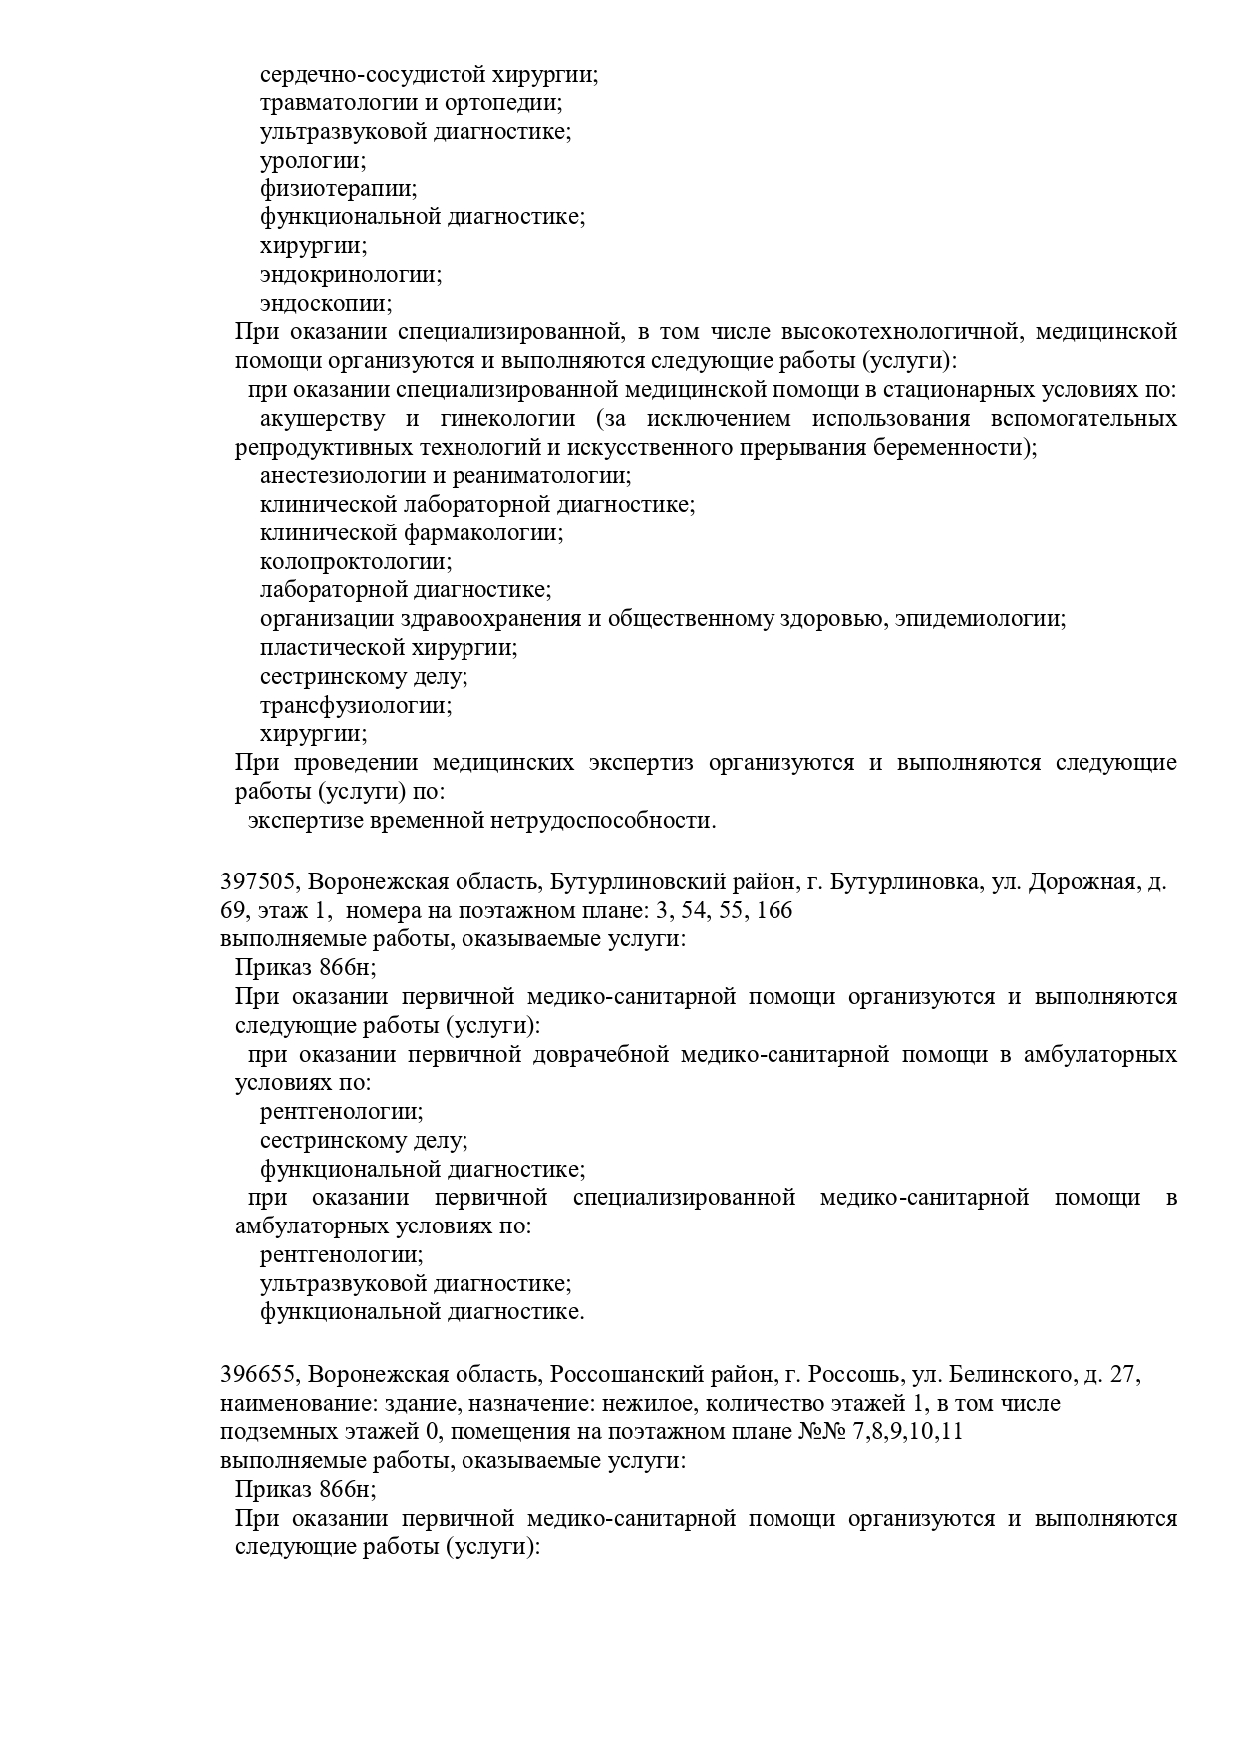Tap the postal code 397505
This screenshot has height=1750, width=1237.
[x=258, y=882]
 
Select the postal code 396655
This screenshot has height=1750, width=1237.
[x=258, y=1375]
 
